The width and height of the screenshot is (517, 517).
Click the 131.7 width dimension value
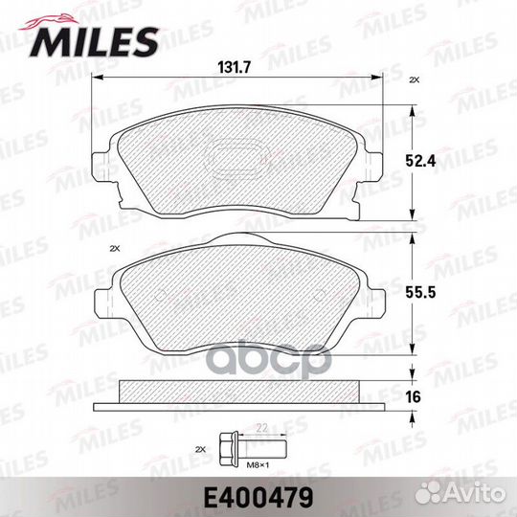click(x=235, y=68)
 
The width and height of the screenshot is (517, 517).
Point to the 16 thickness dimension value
click(x=414, y=396)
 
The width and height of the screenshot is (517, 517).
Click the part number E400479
click(x=258, y=498)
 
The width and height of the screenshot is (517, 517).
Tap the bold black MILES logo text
click(x=94, y=42)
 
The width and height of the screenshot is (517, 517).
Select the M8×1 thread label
click(x=258, y=465)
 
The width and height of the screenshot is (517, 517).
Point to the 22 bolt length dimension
click(x=261, y=428)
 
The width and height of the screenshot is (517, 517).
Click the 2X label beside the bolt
click(x=200, y=449)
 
